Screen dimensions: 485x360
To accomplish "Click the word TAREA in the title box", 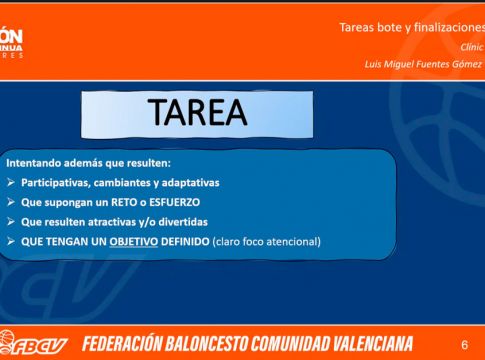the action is (x=198, y=112).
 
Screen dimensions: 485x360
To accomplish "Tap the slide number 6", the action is (x=464, y=345).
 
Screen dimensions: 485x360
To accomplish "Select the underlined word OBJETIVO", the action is (x=133, y=241).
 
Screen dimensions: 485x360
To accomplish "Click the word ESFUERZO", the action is (x=174, y=202).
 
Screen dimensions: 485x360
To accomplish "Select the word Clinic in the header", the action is (x=471, y=47).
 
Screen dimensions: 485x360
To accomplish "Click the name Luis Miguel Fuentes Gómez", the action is (x=423, y=64).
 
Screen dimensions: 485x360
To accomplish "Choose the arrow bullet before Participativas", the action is (x=11, y=183).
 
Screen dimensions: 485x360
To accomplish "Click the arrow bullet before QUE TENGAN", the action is (x=11, y=241).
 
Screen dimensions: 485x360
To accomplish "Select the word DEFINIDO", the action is (x=185, y=241).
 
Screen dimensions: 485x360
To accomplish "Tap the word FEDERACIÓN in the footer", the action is (x=122, y=344).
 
